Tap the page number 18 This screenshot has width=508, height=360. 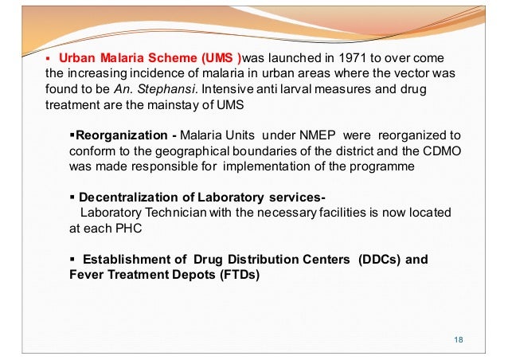[457, 340]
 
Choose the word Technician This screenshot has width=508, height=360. [168, 213]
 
